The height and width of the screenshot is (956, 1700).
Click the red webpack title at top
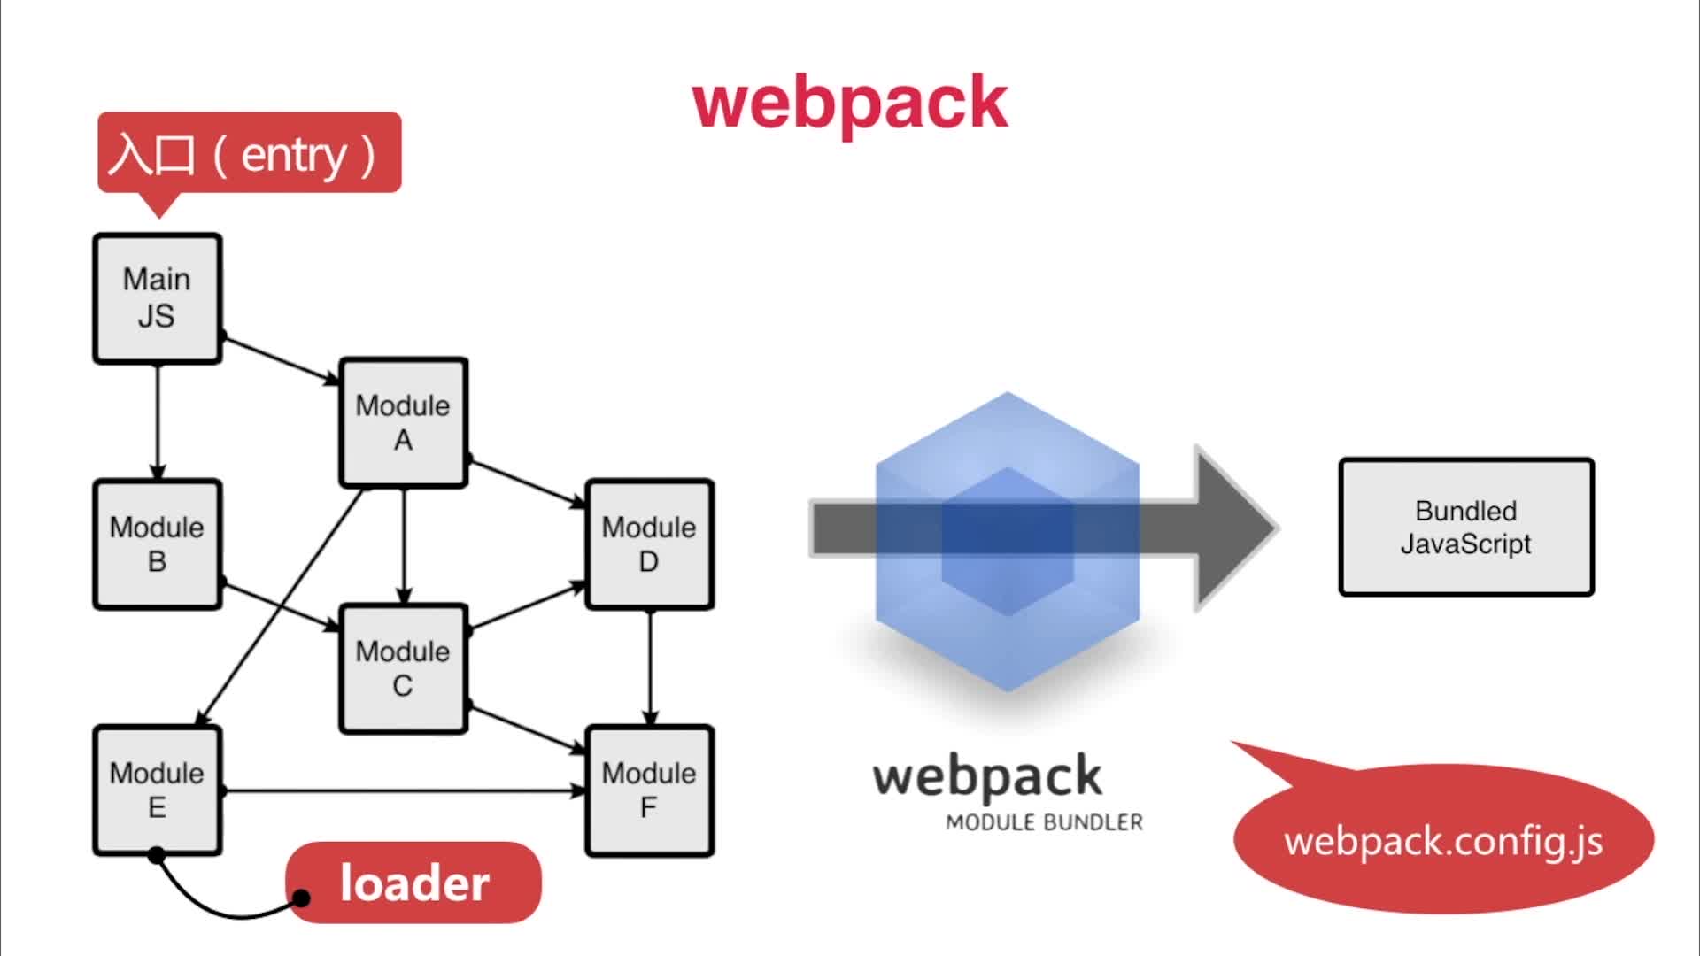pos(850,102)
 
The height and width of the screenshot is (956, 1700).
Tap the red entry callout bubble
pos(249,153)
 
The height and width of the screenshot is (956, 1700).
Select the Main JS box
pos(157,298)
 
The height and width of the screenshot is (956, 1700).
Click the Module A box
pos(403,422)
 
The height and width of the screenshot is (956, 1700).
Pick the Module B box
pos(157,544)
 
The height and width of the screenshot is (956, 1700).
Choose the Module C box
pos(403,668)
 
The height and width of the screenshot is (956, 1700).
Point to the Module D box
pos(649,544)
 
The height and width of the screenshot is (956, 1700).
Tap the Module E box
pos(157,790)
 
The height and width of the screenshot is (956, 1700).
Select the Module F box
pos(649,790)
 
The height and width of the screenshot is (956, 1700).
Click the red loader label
pos(413,883)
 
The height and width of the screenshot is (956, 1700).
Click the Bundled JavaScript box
pos(1465,527)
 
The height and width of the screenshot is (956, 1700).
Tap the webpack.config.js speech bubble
pos(1443,841)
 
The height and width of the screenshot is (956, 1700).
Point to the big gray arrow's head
pos(1235,528)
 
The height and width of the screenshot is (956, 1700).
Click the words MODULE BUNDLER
pos(1044,822)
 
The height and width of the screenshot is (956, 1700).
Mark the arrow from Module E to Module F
pos(403,790)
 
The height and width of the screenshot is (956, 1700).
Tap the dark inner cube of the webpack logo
pos(1007,541)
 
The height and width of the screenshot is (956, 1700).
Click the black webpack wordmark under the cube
pos(987,777)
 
